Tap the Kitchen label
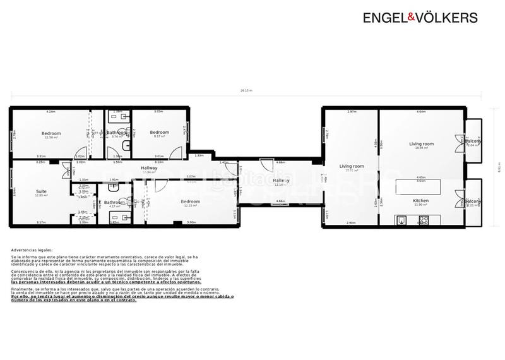point(420,200)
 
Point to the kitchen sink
point(401,220)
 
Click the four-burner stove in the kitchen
point(424,220)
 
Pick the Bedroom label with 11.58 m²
point(51,133)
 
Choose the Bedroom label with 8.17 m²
point(159,132)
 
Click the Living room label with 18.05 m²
point(421,144)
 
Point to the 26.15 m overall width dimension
point(246,90)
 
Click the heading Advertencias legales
point(32,250)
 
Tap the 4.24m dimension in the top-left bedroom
point(50,112)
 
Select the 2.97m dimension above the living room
point(352,112)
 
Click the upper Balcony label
point(472,141)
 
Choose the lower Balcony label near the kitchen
point(472,201)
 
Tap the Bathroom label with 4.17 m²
point(114,203)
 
